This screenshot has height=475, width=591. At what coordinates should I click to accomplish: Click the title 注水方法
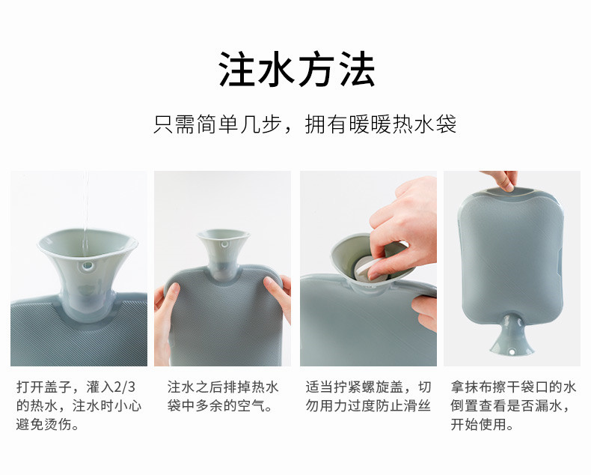[297, 70]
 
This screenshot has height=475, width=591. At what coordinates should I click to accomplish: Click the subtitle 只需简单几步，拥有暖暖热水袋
[305, 124]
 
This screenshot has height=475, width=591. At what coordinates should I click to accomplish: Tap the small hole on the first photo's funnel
[88, 267]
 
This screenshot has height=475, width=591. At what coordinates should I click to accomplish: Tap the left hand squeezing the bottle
[165, 321]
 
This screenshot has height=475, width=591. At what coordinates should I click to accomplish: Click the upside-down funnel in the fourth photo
[512, 337]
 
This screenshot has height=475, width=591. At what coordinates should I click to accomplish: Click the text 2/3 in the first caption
[124, 387]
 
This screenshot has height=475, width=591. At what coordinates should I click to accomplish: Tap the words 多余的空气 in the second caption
[230, 406]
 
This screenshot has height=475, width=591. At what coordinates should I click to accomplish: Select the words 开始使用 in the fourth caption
[479, 424]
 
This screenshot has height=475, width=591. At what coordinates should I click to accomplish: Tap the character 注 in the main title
[237, 70]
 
